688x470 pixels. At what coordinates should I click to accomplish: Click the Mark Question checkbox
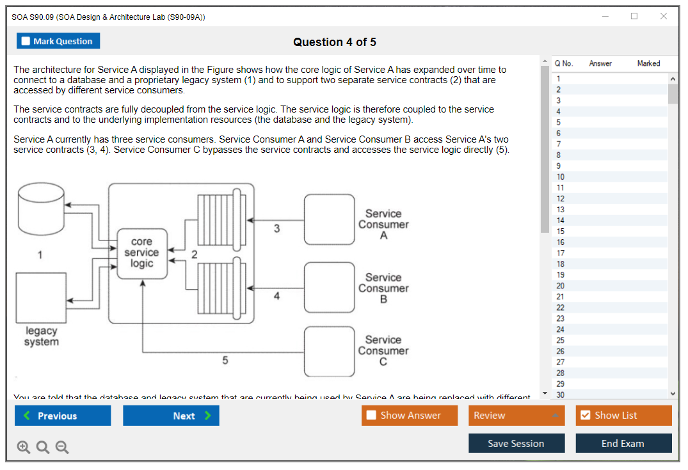click(26, 42)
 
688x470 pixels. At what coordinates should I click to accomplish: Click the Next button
click(171, 416)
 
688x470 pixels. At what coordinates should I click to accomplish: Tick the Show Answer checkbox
click(372, 416)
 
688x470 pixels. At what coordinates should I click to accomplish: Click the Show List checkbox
click(585, 416)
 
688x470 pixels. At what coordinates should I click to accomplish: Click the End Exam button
click(623, 443)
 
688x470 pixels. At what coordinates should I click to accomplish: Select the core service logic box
click(142, 253)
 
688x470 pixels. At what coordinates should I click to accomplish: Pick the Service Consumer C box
click(329, 351)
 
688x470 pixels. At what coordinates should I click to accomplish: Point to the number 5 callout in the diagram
click(225, 361)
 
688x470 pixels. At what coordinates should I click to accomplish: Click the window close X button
click(663, 17)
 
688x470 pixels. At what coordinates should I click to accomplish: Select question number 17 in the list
click(561, 253)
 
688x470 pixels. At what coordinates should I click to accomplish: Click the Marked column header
click(648, 63)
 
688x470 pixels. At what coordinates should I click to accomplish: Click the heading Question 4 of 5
click(335, 42)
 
